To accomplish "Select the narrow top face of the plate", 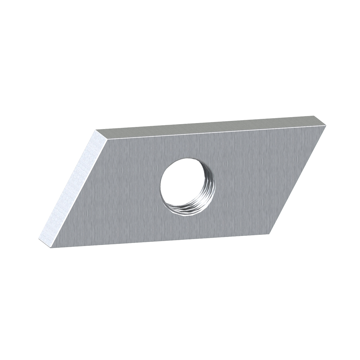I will point(211,127).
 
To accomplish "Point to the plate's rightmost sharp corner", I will point(326,126).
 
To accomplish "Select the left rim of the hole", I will point(160,186).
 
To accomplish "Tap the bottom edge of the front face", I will point(158,241).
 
